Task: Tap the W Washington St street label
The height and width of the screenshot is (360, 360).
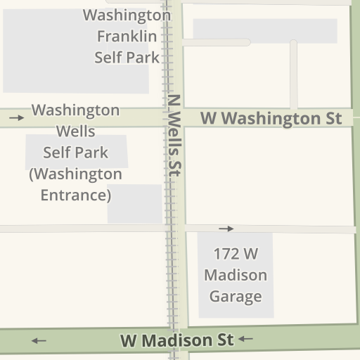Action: [x=271, y=118]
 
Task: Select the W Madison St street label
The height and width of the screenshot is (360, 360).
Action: [x=176, y=341]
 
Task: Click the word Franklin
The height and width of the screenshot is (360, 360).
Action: [x=127, y=36]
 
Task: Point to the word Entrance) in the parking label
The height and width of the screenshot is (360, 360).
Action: [x=76, y=195]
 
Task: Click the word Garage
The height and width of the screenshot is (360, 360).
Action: [x=235, y=296]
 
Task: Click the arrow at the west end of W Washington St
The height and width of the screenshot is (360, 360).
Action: [x=16, y=118]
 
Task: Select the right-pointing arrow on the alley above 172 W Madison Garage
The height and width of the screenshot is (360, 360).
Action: [x=226, y=229]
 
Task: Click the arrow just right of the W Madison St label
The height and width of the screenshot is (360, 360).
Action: [x=245, y=340]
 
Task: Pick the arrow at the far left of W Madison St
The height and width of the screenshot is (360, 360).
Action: [x=39, y=341]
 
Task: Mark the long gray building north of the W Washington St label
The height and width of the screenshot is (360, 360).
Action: [x=264, y=30]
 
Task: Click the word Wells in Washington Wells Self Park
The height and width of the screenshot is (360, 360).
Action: [x=75, y=131]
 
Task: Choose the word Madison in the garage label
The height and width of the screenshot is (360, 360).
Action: [x=236, y=275]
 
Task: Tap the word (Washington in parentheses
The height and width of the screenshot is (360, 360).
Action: [x=75, y=174]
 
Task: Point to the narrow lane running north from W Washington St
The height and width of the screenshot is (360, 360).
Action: [x=293, y=75]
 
